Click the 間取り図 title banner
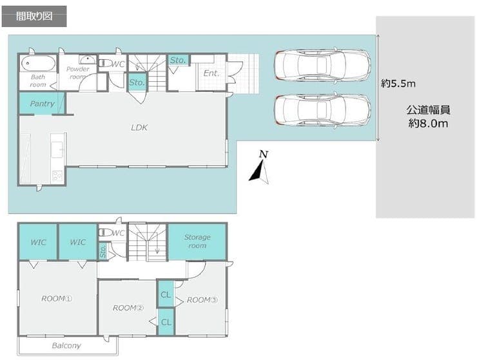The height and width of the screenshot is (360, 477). pyautogui.click(x=34, y=16)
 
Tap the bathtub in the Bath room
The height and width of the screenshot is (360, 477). pyautogui.click(x=38, y=64)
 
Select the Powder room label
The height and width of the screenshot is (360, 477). pyautogui.click(x=77, y=73)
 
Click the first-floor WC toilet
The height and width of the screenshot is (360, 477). pyautogui.click(x=105, y=64)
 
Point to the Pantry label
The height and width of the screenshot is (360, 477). pyautogui.click(x=43, y=104)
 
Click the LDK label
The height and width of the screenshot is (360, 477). pyautogui.click(x=139, y=128)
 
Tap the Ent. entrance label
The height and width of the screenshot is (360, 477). pyautogui.click(x=211, y=73)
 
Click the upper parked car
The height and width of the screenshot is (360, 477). pyautogui.click(x=322, y=65)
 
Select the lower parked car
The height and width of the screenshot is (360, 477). pyautogui.click(x=322, y=109)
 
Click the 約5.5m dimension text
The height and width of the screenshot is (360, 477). pyautogui.click(x=398, y=83)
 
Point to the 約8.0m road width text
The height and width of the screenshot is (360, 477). pyautogui.click(x=428, y=123)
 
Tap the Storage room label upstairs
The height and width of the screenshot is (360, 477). pyautogui.click(x=197, y=241)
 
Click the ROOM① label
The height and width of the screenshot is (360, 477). pyautogui.click(x=57, y=299)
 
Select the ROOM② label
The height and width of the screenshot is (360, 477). pyautogui.click(x=128, y=308)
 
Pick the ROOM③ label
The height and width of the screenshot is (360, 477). pyautogui.click(x=202, y=300)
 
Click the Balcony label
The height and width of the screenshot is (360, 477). pyautogui.click(x=66, y=345)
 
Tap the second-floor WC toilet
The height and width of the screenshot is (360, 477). pyautogui.click(x=105, y=232)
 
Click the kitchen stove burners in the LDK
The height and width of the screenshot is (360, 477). pyautogui.click(x=57, y=176)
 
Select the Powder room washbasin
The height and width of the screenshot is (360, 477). pyautogui.click(x=88, y=59)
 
